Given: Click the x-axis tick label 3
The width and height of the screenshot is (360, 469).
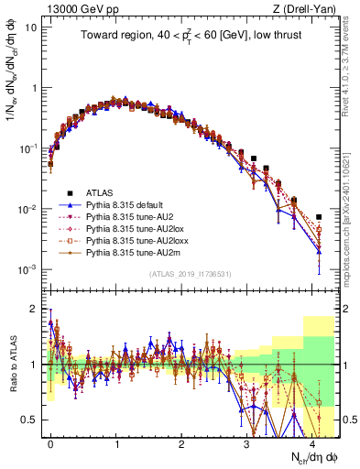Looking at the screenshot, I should pos(246,442).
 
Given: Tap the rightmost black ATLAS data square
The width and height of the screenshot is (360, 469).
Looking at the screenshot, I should pos(319,217).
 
